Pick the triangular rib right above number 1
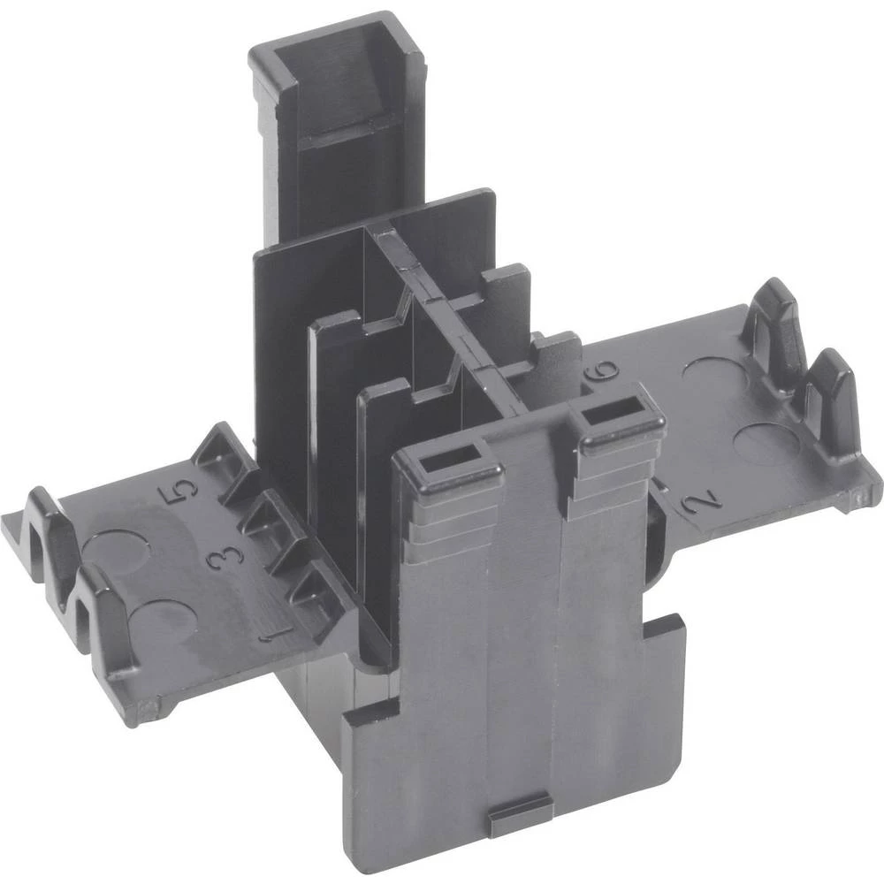305,588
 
